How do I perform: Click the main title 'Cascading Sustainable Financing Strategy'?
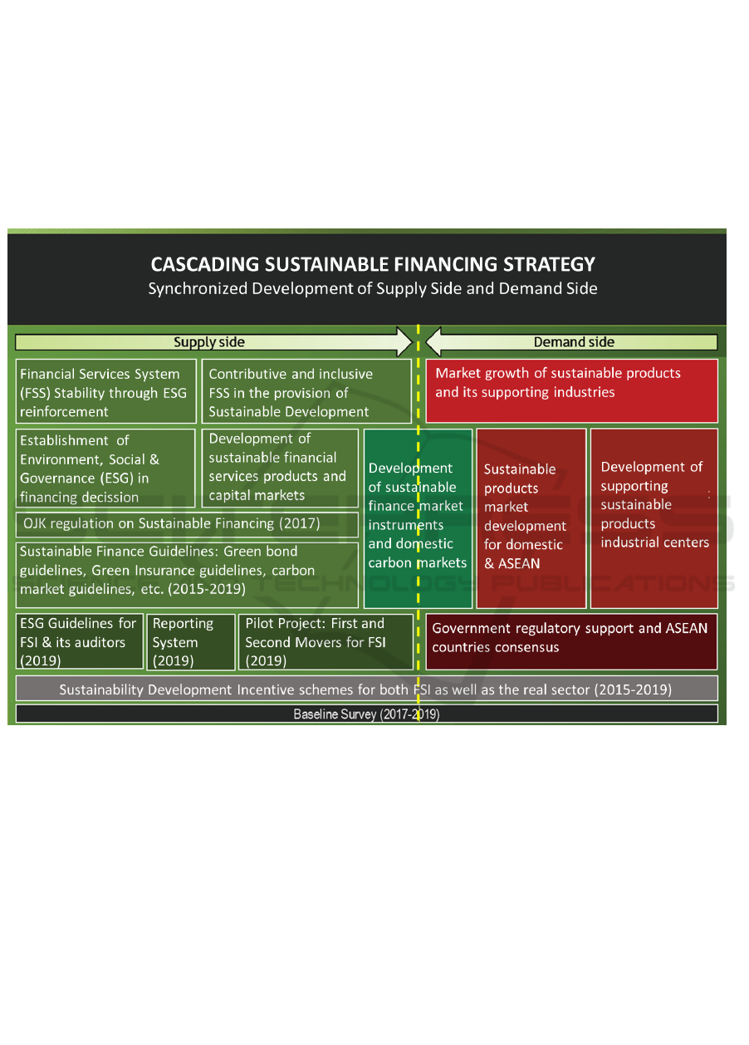[x=373, y=265]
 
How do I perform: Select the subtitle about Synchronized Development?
[x=373, y=289]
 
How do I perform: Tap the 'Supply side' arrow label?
[x=209, y=342]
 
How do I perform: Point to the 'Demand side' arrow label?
[x=574, y=342]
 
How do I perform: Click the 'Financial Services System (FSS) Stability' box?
[x=106, y=392]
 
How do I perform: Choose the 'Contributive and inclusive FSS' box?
[x=306, y=392]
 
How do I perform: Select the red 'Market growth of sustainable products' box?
[x=572, y=391]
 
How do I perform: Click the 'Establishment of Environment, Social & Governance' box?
[x=105, y=469]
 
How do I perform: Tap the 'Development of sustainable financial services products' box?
[x=280, y=467]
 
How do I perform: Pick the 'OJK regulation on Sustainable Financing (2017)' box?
[x=187, y=524]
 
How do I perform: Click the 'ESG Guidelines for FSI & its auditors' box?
[x=80, y=641]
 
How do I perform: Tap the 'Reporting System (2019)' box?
[x=190, y=641]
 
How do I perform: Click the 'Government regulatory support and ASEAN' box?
[x=571, y=641]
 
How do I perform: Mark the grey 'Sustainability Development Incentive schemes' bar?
[x=366, y=689]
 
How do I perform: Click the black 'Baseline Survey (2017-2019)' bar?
[x=366, y=714]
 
